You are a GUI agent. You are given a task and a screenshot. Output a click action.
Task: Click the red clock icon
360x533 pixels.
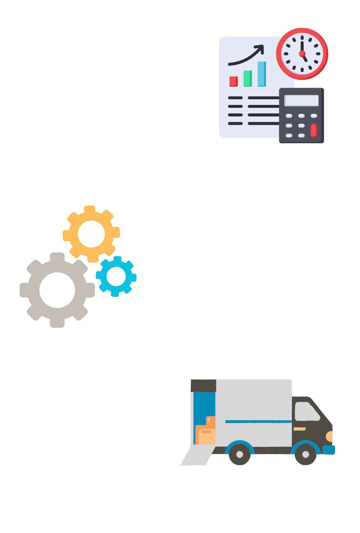[x=302, y=54]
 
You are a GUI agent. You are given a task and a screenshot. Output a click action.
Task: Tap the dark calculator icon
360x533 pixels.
[x=301, y=115]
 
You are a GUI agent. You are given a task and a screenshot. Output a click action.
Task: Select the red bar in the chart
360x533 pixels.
[x=234, y=81]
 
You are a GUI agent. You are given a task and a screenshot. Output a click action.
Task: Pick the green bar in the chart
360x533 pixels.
[x=248, y=78]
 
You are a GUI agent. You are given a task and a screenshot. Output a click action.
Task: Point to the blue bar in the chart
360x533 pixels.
[x=262, y=74]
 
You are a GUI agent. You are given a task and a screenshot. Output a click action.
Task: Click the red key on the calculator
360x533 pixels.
[x=314, y=130]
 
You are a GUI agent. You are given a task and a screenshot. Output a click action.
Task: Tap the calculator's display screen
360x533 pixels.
[x=301, y=100]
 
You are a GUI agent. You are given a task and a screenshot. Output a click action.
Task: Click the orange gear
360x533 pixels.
[x=91, y=234]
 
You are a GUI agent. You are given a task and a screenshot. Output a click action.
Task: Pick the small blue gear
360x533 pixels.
[x=116, y=276]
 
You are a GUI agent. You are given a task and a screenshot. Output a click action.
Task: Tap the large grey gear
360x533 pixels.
[x=57, y=290]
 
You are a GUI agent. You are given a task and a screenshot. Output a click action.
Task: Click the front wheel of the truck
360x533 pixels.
[x=305, y=454]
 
